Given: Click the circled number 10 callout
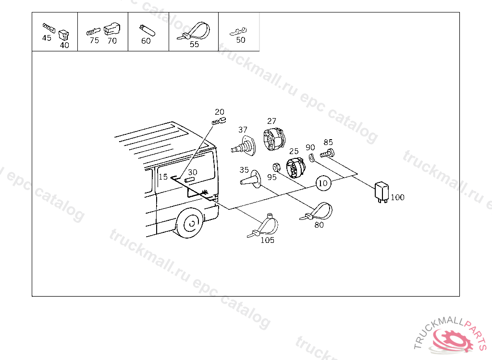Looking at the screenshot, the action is [323, 183].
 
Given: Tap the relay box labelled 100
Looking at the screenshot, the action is [381, 192].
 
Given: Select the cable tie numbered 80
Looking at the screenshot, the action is [317, 212].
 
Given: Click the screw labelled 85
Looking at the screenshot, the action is [327, 154].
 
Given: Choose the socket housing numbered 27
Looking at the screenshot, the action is [274, 140].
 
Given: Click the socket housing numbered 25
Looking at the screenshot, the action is [295, 168].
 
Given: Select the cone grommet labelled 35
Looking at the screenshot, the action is [251, 180].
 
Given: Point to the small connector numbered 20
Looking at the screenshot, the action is [219, 121].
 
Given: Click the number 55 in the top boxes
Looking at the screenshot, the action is [194, 44].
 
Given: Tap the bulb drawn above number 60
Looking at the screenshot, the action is [147, 30].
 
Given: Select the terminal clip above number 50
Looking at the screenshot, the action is [238, 31].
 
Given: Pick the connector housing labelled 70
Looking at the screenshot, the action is [111, 28].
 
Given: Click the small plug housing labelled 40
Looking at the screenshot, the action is [64, 35].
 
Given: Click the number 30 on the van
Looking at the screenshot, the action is [192, 172].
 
